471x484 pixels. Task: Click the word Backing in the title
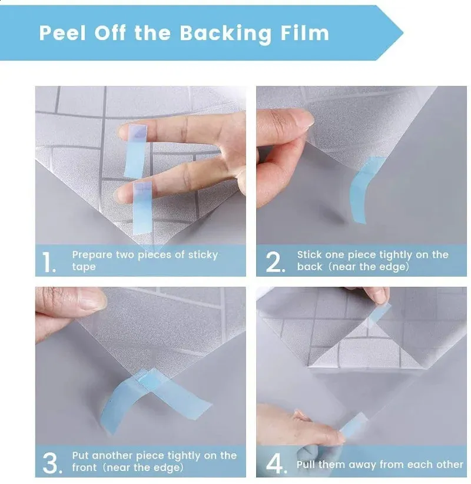[225, 34]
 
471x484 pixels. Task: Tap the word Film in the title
[304, 33]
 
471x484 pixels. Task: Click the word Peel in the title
[62, 33]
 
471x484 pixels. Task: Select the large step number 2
[275, 262]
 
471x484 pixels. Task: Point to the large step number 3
[52, 463]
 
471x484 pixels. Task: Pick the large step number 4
[276, 463]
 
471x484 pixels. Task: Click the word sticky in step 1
[203, 255]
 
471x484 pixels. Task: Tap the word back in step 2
[310, 266]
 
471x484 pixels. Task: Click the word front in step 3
[84, 468]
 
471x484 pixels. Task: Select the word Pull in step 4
[306, 464]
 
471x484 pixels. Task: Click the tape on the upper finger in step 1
[135, 151]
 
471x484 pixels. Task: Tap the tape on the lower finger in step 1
[142, 208]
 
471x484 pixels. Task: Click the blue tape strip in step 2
[364, 189]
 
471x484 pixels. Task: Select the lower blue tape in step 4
[353, 425]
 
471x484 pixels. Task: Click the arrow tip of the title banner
[403, 33]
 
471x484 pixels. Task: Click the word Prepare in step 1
[92, 256]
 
